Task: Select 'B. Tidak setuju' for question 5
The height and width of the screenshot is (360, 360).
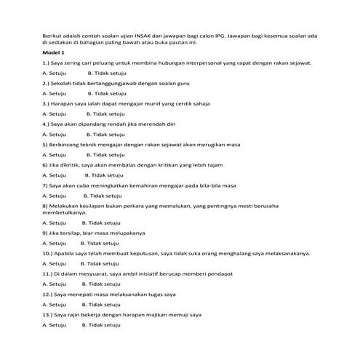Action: point(106,155)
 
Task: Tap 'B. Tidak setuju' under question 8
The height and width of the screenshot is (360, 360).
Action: point(101,222)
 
